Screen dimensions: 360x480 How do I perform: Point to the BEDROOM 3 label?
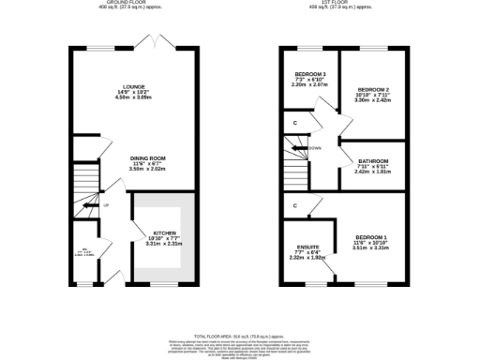[x=310, y=73]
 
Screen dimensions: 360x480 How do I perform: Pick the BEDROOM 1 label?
[x=370, y=236]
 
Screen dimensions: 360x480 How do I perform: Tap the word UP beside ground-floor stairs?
[x=106, y=205]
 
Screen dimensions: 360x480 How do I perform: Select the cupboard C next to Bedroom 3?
[x=295, y=123]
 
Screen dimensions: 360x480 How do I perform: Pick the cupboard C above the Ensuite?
[x=295, y=205]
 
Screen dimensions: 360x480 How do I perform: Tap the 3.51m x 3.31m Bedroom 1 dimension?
[x=370, y=248]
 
